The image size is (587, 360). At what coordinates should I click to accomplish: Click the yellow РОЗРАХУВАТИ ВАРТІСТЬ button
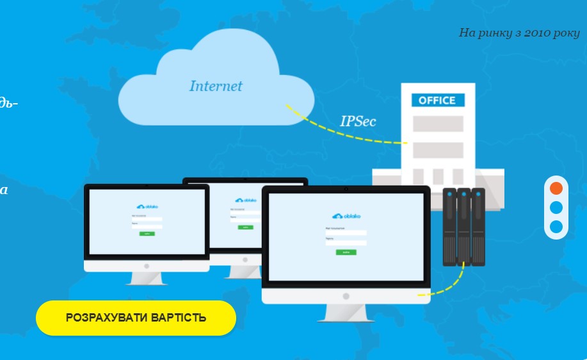click(136, 318)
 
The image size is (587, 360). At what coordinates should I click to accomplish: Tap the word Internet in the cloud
click(216, 86)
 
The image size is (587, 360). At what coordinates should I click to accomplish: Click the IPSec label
click(358, 121)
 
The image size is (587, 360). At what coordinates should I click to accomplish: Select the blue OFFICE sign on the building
click(437, 101)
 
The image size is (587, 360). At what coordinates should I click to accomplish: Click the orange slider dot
click(556, 188)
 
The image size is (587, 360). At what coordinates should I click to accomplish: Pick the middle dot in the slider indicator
click(556, 208)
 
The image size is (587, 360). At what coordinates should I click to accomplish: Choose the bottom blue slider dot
click(556, 227)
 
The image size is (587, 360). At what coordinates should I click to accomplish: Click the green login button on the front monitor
click(346, 252)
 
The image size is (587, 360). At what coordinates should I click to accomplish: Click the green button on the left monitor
click(147, 234)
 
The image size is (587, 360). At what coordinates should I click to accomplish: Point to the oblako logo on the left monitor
click(147, 206)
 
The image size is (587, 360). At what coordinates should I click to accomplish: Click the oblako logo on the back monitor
click(246, 200)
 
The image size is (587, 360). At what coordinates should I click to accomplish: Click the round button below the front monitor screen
click(346, 297)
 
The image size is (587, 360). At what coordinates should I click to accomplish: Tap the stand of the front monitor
click(346, 313)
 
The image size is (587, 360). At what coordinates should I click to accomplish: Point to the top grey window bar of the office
click(438, 124)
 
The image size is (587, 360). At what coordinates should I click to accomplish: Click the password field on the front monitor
click(346, 243)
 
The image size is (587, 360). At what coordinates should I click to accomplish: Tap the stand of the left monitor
click(147, 277)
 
